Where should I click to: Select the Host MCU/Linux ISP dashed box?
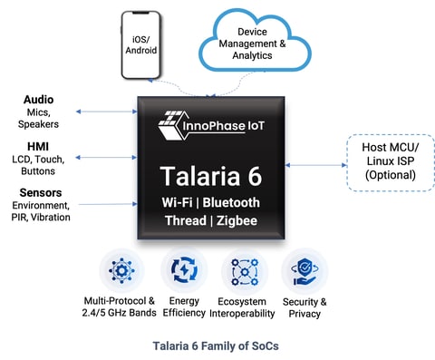coord(384,162)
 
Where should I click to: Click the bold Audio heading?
coord(37,99)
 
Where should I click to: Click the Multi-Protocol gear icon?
coord(121,271)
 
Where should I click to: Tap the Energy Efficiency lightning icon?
coord(182,271)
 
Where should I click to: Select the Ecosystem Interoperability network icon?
coord(243,271)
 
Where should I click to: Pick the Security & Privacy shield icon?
coord(304,271)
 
